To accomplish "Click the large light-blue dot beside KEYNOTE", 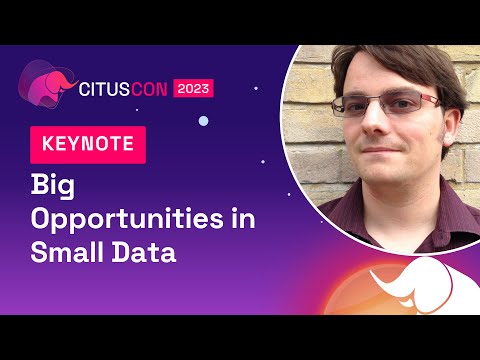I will coord(203,120).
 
